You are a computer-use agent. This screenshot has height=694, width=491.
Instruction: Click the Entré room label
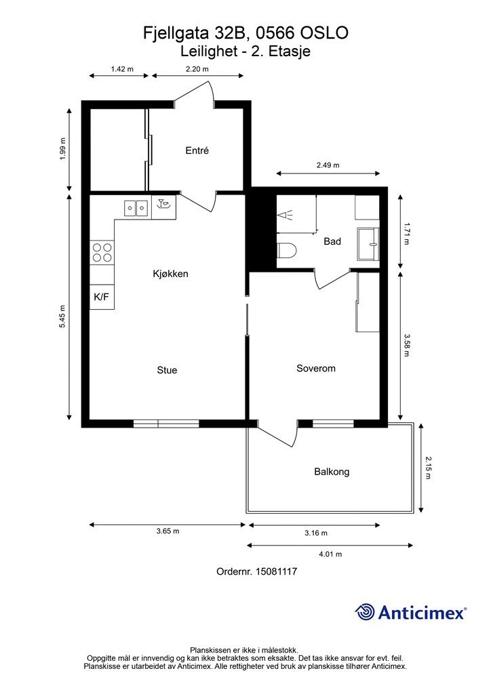pyautogui.click(x=197, y=150)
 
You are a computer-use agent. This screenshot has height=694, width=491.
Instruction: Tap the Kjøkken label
pyautogui.click(x=170, y=274)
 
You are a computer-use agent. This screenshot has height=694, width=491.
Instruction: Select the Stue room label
pyautogui.click(x=167, y=370)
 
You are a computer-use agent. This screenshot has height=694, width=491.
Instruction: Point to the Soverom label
pyautogui.click(x=315, y=368)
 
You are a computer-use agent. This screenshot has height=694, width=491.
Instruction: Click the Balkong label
pyautogui.click(x=332, y=472)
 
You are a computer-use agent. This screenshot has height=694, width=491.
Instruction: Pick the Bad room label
pyautogui.click(x=332, y=241)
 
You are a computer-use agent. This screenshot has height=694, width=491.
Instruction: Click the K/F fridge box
pyautogui.click(x=102, y=297)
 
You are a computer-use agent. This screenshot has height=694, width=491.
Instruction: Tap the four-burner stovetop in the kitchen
pyautogui.click(x=102, y=253)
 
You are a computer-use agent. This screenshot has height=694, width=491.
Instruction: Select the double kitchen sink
pyautogui.click(x=136, y=207)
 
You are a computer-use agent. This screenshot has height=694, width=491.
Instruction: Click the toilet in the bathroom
pyautogui.click(x=287, y=251)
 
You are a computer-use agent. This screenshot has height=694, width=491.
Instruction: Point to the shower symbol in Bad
pyautogui.click(x=286, y=215)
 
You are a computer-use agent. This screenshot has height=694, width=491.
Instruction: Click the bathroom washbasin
pyautogui.click(x=368, y=243)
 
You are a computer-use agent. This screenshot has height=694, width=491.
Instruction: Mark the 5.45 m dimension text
pyautogui.click(x=62, y=317)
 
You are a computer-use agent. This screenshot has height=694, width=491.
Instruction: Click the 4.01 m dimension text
pyautogui.click(x=330, y=554)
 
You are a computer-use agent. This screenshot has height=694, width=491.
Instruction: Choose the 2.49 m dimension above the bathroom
pyautogui.click(x=328, y=165)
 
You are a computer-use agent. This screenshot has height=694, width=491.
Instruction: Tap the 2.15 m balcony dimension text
pyautogui.click(x=428, y=468)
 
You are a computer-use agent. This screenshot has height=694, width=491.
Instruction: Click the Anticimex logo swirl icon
pyautogui.click(x=365, y=612)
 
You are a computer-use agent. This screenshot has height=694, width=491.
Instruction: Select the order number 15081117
pyautogui.click(x=276, y=571)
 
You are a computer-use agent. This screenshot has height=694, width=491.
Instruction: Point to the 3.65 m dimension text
pyautogui.click(x=168, y=531)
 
